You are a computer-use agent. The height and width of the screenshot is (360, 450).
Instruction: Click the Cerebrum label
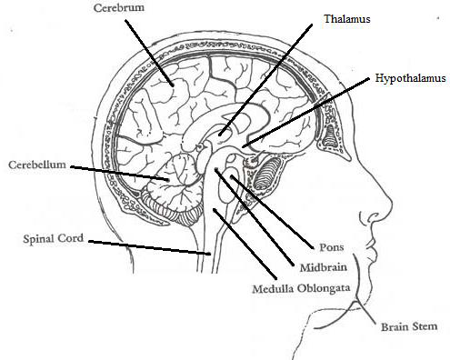119,9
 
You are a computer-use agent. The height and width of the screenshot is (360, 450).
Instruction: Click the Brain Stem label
409,325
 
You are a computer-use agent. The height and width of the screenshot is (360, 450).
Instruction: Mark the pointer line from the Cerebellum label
118,174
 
